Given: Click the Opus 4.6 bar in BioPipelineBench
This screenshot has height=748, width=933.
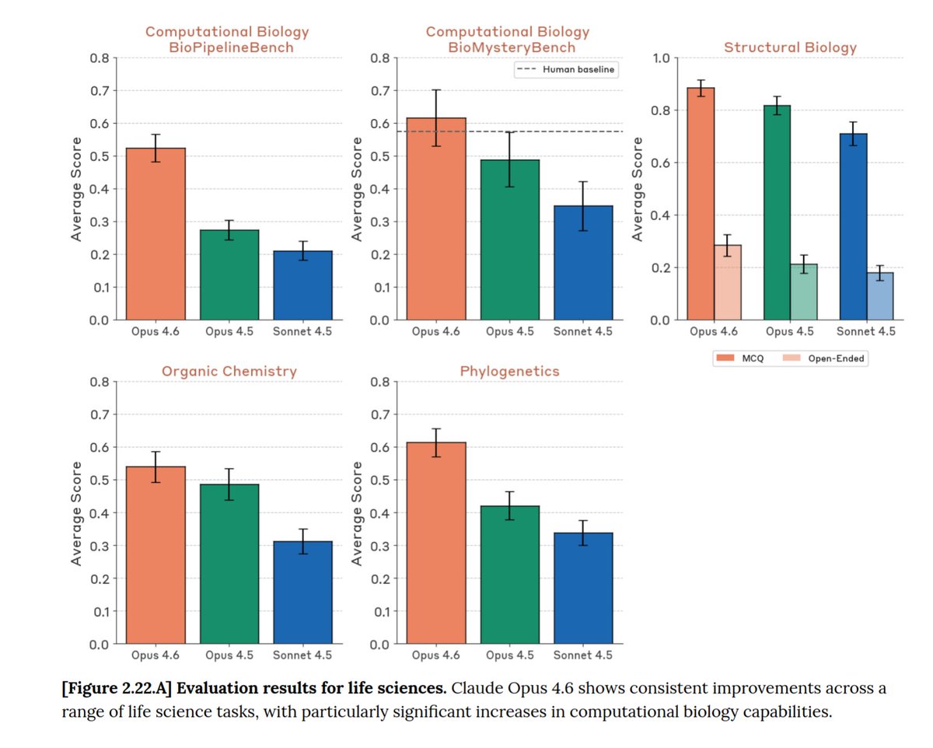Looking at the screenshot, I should click(155, 234).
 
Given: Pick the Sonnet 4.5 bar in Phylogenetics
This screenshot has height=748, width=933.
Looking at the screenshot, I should click(583, 588).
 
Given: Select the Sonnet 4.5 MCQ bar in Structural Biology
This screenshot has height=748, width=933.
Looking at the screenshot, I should click(853, 226).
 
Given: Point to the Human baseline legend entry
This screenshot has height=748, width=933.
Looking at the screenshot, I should click(566, 70).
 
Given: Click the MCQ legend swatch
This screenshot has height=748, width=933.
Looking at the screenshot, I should click(724, 358).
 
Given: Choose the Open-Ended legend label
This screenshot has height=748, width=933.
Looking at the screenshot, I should click(838, 358).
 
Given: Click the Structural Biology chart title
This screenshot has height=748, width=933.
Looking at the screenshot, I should click(790, 47).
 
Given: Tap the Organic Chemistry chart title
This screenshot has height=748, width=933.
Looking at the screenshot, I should click(229, 371).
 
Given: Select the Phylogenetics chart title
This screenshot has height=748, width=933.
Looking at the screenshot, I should click(509, 371).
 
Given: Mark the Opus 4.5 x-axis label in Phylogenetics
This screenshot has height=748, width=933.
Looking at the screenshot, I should click(510, 655).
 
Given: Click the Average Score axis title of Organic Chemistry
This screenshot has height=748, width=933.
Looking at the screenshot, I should click(76, 512).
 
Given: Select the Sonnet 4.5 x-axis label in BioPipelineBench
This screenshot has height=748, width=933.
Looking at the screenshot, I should click(302, 330).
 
